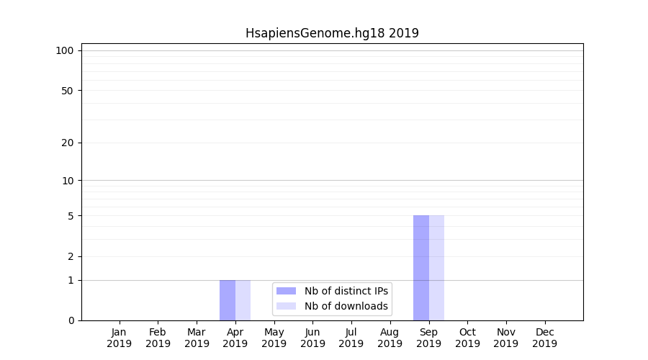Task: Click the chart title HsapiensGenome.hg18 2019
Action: click(x=332, y=33)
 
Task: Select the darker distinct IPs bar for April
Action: click(x=228, y=300)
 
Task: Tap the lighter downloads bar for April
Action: click(x=243, y=300)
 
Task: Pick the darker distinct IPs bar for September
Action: click(x=421, y=268)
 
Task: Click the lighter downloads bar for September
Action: click(x=437, y=268)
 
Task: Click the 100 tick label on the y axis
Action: click(x=65, y=50)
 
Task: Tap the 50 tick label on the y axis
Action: click(x=68, y=91)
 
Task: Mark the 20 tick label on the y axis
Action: click(x=68, y=143)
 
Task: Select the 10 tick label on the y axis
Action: click(x=68, y=181)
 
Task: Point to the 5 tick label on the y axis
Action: click(x=71, y=216)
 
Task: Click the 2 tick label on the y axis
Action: click(x=71, y=256)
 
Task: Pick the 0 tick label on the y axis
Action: click(x=71, y=320)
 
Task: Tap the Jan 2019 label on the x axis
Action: click(x=120, y=338)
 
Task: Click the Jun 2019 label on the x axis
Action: click(x=312, y=338)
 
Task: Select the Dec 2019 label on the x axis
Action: click(x=544, y=338)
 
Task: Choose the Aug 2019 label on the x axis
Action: click(x=390, y=338)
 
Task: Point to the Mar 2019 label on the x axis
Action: click(x=197, y=338)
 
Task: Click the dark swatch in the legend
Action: click(x=286, y=291)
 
